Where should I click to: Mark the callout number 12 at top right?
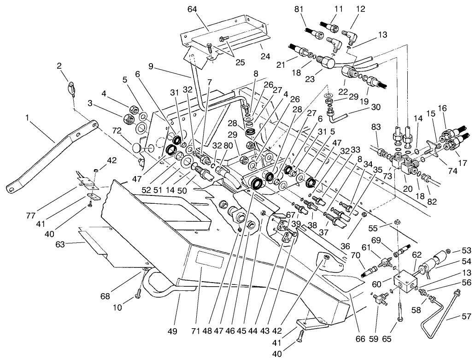360,8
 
